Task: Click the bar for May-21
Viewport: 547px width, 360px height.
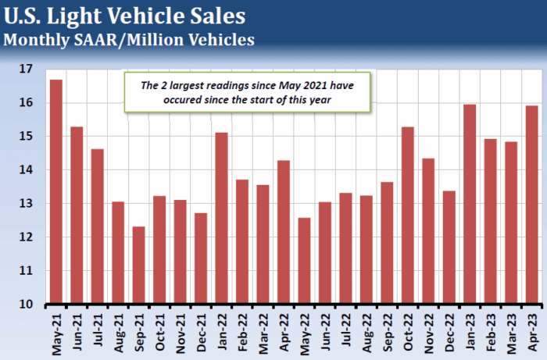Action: [56, 191]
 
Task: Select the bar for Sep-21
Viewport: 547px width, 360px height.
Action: [138, 265]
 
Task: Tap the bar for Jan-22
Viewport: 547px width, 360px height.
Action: [221, 218]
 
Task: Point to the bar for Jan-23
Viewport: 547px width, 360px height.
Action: [470, 204]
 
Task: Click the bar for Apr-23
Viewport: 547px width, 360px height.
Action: [531, 205]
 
